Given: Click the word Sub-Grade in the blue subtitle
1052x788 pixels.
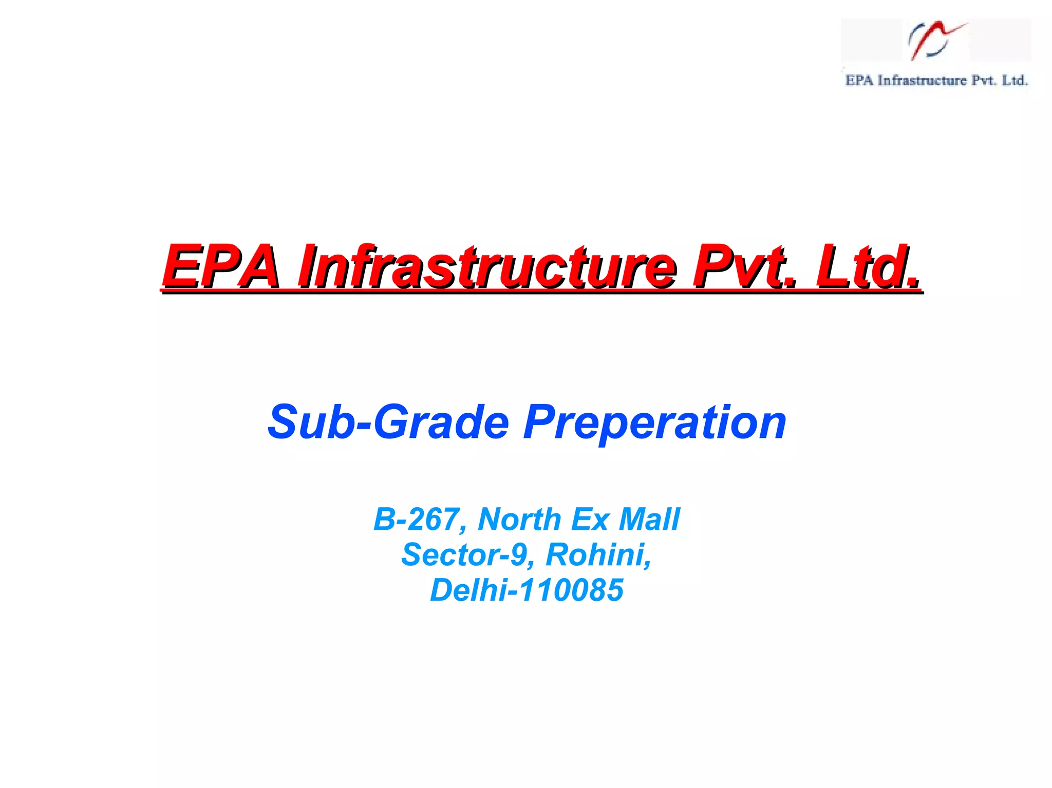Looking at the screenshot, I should [x=388, y=422].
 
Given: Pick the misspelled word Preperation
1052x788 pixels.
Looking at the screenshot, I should [x=654, y=422].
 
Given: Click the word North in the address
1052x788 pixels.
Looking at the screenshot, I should [x=519, y=519].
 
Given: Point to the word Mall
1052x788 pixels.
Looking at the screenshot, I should [x=649, y=519].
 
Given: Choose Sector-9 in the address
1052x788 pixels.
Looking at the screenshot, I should [x=464, y=554].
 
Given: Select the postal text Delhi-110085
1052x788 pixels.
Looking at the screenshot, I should [x=527, y=590].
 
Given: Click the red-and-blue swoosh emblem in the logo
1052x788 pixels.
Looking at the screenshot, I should [x=935, y=40].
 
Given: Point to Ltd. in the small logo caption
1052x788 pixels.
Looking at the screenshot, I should [x=1015, y=81].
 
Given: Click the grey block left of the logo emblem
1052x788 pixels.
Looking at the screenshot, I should [x=871, y=40].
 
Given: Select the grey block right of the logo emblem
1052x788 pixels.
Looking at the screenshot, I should [x=1000, y=40].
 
